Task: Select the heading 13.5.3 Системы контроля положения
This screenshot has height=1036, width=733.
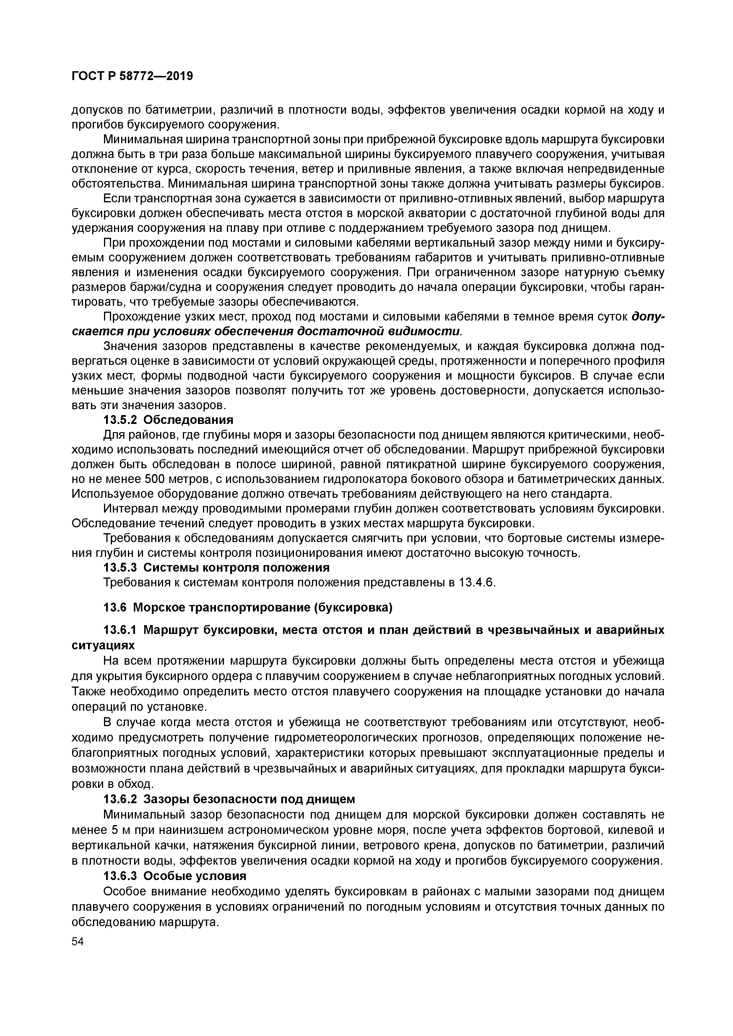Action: pyautogui.click(x=217, y=567)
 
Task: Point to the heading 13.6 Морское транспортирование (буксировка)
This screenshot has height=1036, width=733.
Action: pyautogui.click(x=248, y=607)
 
